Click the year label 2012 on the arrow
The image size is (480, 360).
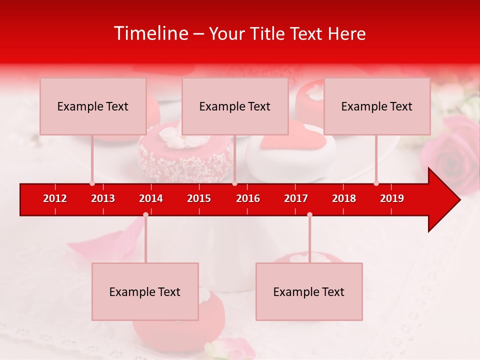[55, 198]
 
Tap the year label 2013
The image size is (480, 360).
[103, 198]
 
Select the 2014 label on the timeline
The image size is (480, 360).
[151, 198]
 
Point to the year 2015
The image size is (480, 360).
[199, 198]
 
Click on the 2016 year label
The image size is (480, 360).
[248, 198]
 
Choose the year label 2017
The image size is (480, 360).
[296, 198]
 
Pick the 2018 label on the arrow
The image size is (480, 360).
[344, 198]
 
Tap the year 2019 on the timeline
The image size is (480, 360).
[392, 198]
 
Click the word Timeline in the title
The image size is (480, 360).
[150, 33]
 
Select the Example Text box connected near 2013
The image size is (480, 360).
[93, 106]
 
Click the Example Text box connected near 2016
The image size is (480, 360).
[235, 106]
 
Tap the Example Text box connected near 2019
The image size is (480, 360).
[377, 106]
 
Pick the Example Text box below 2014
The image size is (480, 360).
[145, 291]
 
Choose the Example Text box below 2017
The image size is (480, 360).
[309, 291]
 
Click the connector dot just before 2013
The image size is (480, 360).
[92, 183]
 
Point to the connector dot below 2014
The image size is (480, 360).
[145, 214]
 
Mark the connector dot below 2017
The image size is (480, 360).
[309, 214]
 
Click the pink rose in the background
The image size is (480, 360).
[452, 155]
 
